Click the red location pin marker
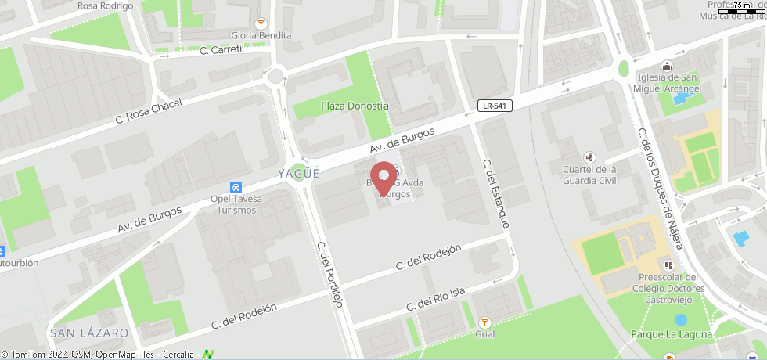[x=383, y=178]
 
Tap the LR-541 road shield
[x=495, y=106]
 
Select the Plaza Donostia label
[x=355, y=106]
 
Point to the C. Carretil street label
[x=222, y=50]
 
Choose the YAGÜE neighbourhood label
[x=298, y=174]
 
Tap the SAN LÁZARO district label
[x=89, y=333]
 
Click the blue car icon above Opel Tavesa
[x=236, y=187]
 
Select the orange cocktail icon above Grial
[x=484, y=322]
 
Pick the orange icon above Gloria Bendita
[x=261, y=23]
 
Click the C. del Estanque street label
[x=496, y=194]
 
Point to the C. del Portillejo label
[x=330, y=274]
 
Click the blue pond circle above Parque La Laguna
[x=681, y=319]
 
